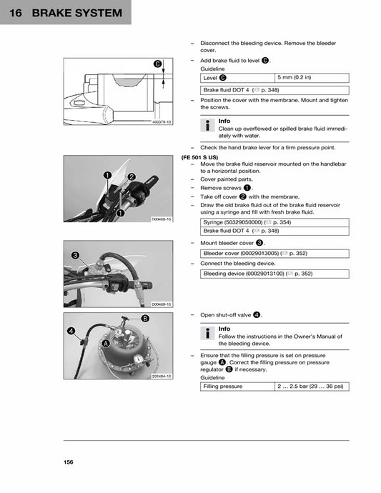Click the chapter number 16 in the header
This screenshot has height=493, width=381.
16,14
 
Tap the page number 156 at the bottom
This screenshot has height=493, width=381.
68,462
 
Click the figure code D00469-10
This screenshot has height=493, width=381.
162,304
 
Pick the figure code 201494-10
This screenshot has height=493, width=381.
162,377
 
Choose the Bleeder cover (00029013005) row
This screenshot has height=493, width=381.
274,252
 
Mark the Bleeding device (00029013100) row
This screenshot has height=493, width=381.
274,273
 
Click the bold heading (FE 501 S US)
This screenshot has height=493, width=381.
199,156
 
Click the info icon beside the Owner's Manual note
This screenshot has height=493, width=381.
207,334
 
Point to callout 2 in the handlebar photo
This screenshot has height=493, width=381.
132,176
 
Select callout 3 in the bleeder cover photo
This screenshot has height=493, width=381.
75,255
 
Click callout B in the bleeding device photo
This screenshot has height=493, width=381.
145,318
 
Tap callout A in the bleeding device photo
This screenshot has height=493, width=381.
106,343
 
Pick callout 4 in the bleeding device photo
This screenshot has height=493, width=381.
71,331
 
